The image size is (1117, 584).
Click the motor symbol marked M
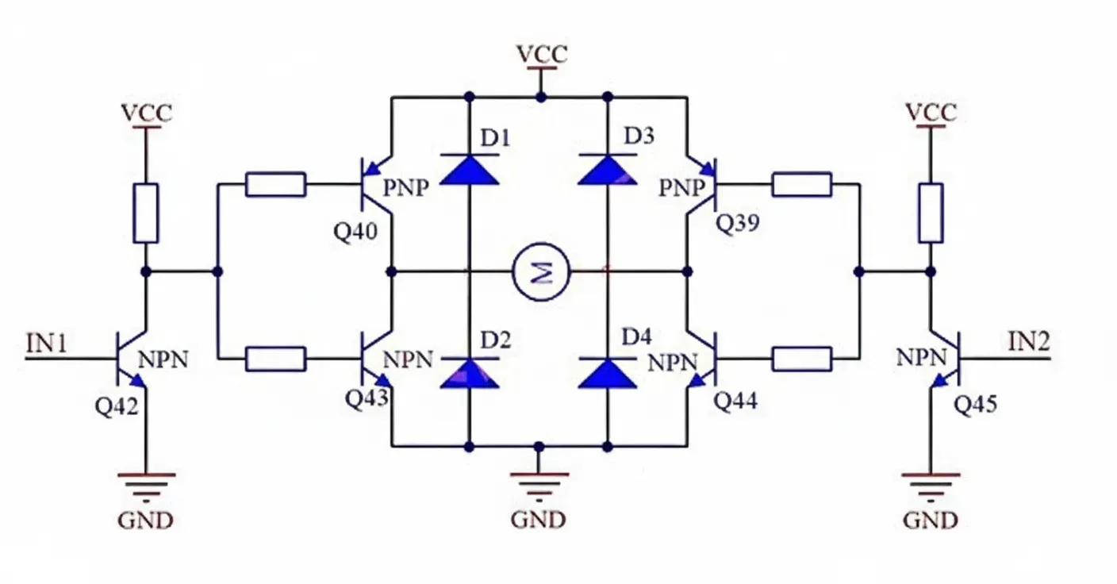[x=542, y=271]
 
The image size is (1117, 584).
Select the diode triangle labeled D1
[x=469, y=169]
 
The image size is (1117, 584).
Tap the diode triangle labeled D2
[x=469, y=373]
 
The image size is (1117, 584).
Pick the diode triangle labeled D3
[x=608, y=169]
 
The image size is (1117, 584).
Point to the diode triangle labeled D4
[x=608, y=373]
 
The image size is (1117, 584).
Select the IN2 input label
[x=1029, y=343]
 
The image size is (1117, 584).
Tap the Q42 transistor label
[x=117, y=406]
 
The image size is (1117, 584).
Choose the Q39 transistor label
[x=738, y=225]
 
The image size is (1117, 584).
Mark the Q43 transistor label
[x=367, y=398]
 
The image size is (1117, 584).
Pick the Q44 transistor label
[x=735, y=401]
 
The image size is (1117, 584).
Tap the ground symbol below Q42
[x=146, y=485]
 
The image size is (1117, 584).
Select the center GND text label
[x=539, y=520]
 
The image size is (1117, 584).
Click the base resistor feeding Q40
[x=275, y=184]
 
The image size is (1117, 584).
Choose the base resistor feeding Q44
[x=801, y=359]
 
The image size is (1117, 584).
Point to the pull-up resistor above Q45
[x=931, y=213]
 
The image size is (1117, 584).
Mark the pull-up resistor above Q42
[x=146, y=213]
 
